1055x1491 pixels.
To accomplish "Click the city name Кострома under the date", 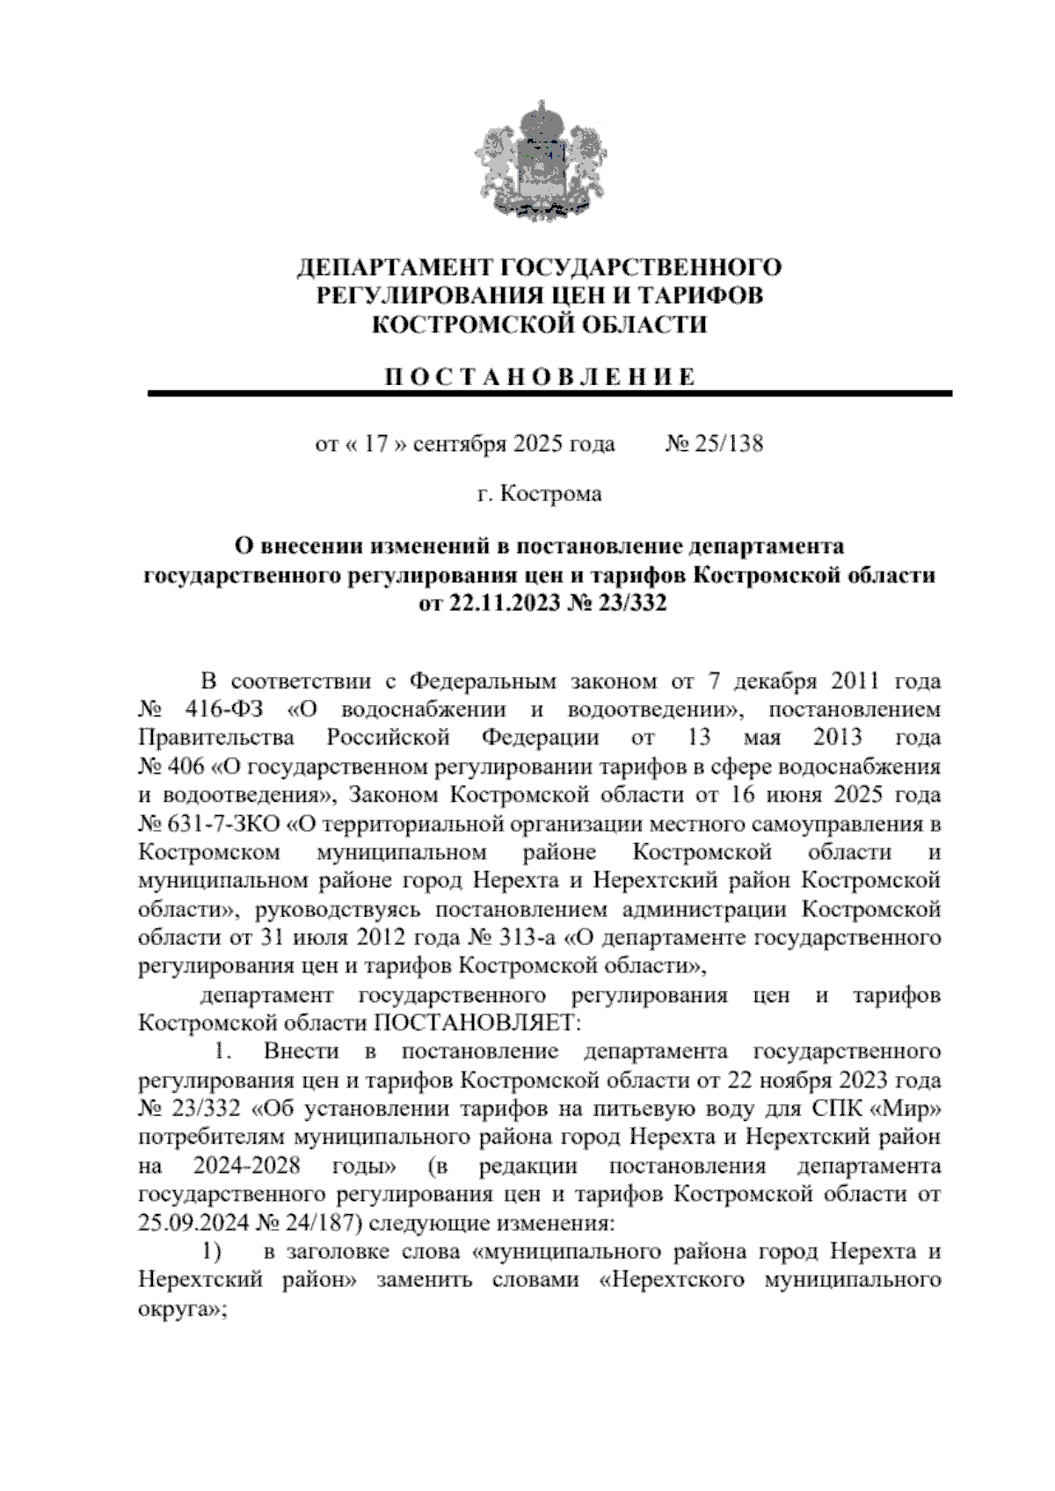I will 551,494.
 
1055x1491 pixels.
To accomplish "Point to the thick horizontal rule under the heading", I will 549,394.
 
